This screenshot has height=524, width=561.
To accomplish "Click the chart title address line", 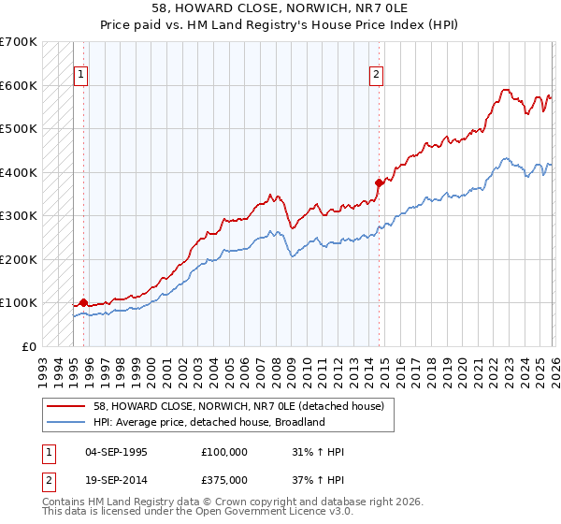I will point(280,7).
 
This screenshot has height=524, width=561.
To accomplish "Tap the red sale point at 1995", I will point(83,302).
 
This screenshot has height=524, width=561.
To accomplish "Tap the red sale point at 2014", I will point(379,182).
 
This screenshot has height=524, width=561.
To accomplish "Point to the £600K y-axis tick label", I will point(19,85).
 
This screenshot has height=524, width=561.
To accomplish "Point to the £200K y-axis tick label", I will point(19,259).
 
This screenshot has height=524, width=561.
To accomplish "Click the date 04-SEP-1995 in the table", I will point(116,452).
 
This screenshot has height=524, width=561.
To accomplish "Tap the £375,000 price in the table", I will point(224,480).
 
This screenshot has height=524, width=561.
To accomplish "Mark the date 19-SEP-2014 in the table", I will point(116,480).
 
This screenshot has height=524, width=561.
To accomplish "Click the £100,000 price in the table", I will point(224,452).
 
